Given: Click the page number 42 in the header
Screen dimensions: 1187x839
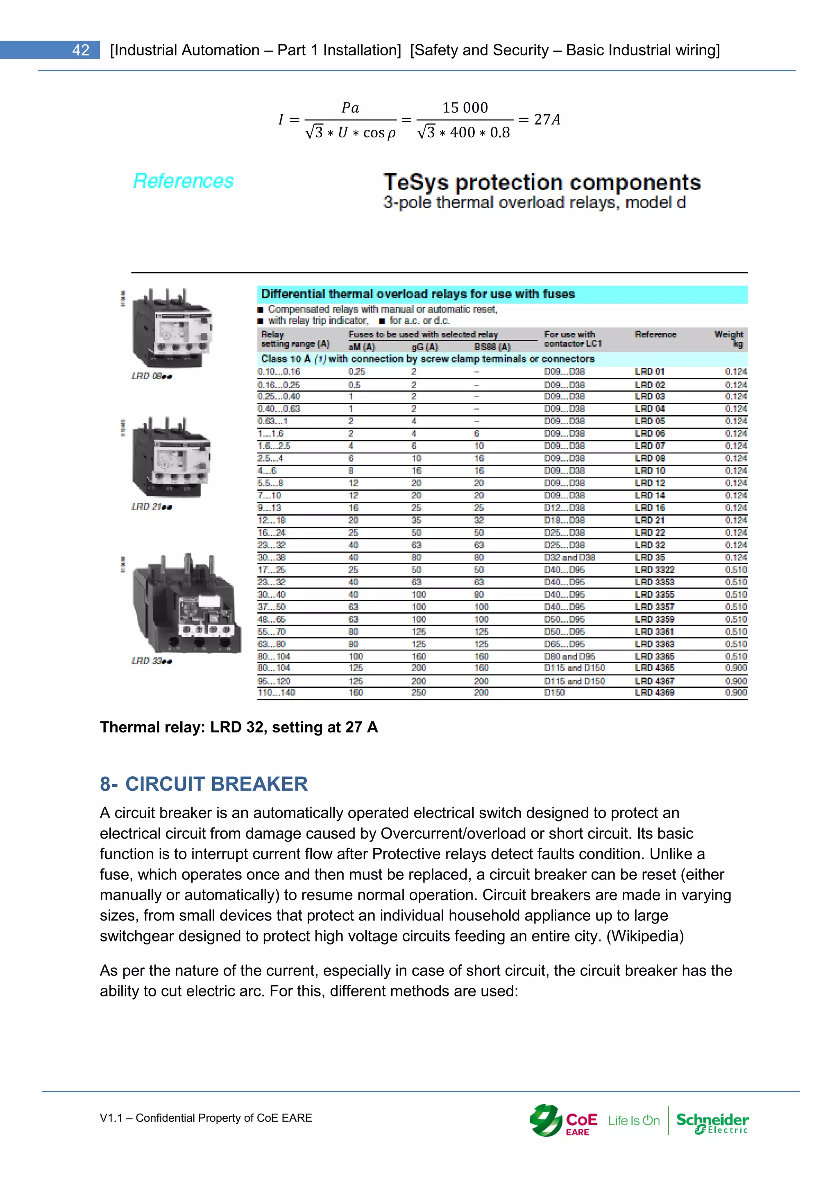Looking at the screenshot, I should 81,50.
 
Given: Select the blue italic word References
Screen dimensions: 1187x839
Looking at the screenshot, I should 184,181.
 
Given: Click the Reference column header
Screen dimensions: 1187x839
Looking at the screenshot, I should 655,334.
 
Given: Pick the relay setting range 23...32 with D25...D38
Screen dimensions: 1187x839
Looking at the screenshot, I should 272,545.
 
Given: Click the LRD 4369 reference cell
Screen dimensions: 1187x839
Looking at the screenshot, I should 655,692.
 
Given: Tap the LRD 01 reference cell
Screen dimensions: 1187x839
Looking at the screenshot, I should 650,371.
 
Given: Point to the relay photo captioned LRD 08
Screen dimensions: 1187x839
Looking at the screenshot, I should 172,328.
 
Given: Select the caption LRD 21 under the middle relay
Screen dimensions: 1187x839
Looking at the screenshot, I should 151,507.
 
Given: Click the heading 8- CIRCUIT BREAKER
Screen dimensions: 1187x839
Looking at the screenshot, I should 204,784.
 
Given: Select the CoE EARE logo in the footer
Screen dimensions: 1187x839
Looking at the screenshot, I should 563,1121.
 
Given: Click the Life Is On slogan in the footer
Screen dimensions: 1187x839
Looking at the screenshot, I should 634,1121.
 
